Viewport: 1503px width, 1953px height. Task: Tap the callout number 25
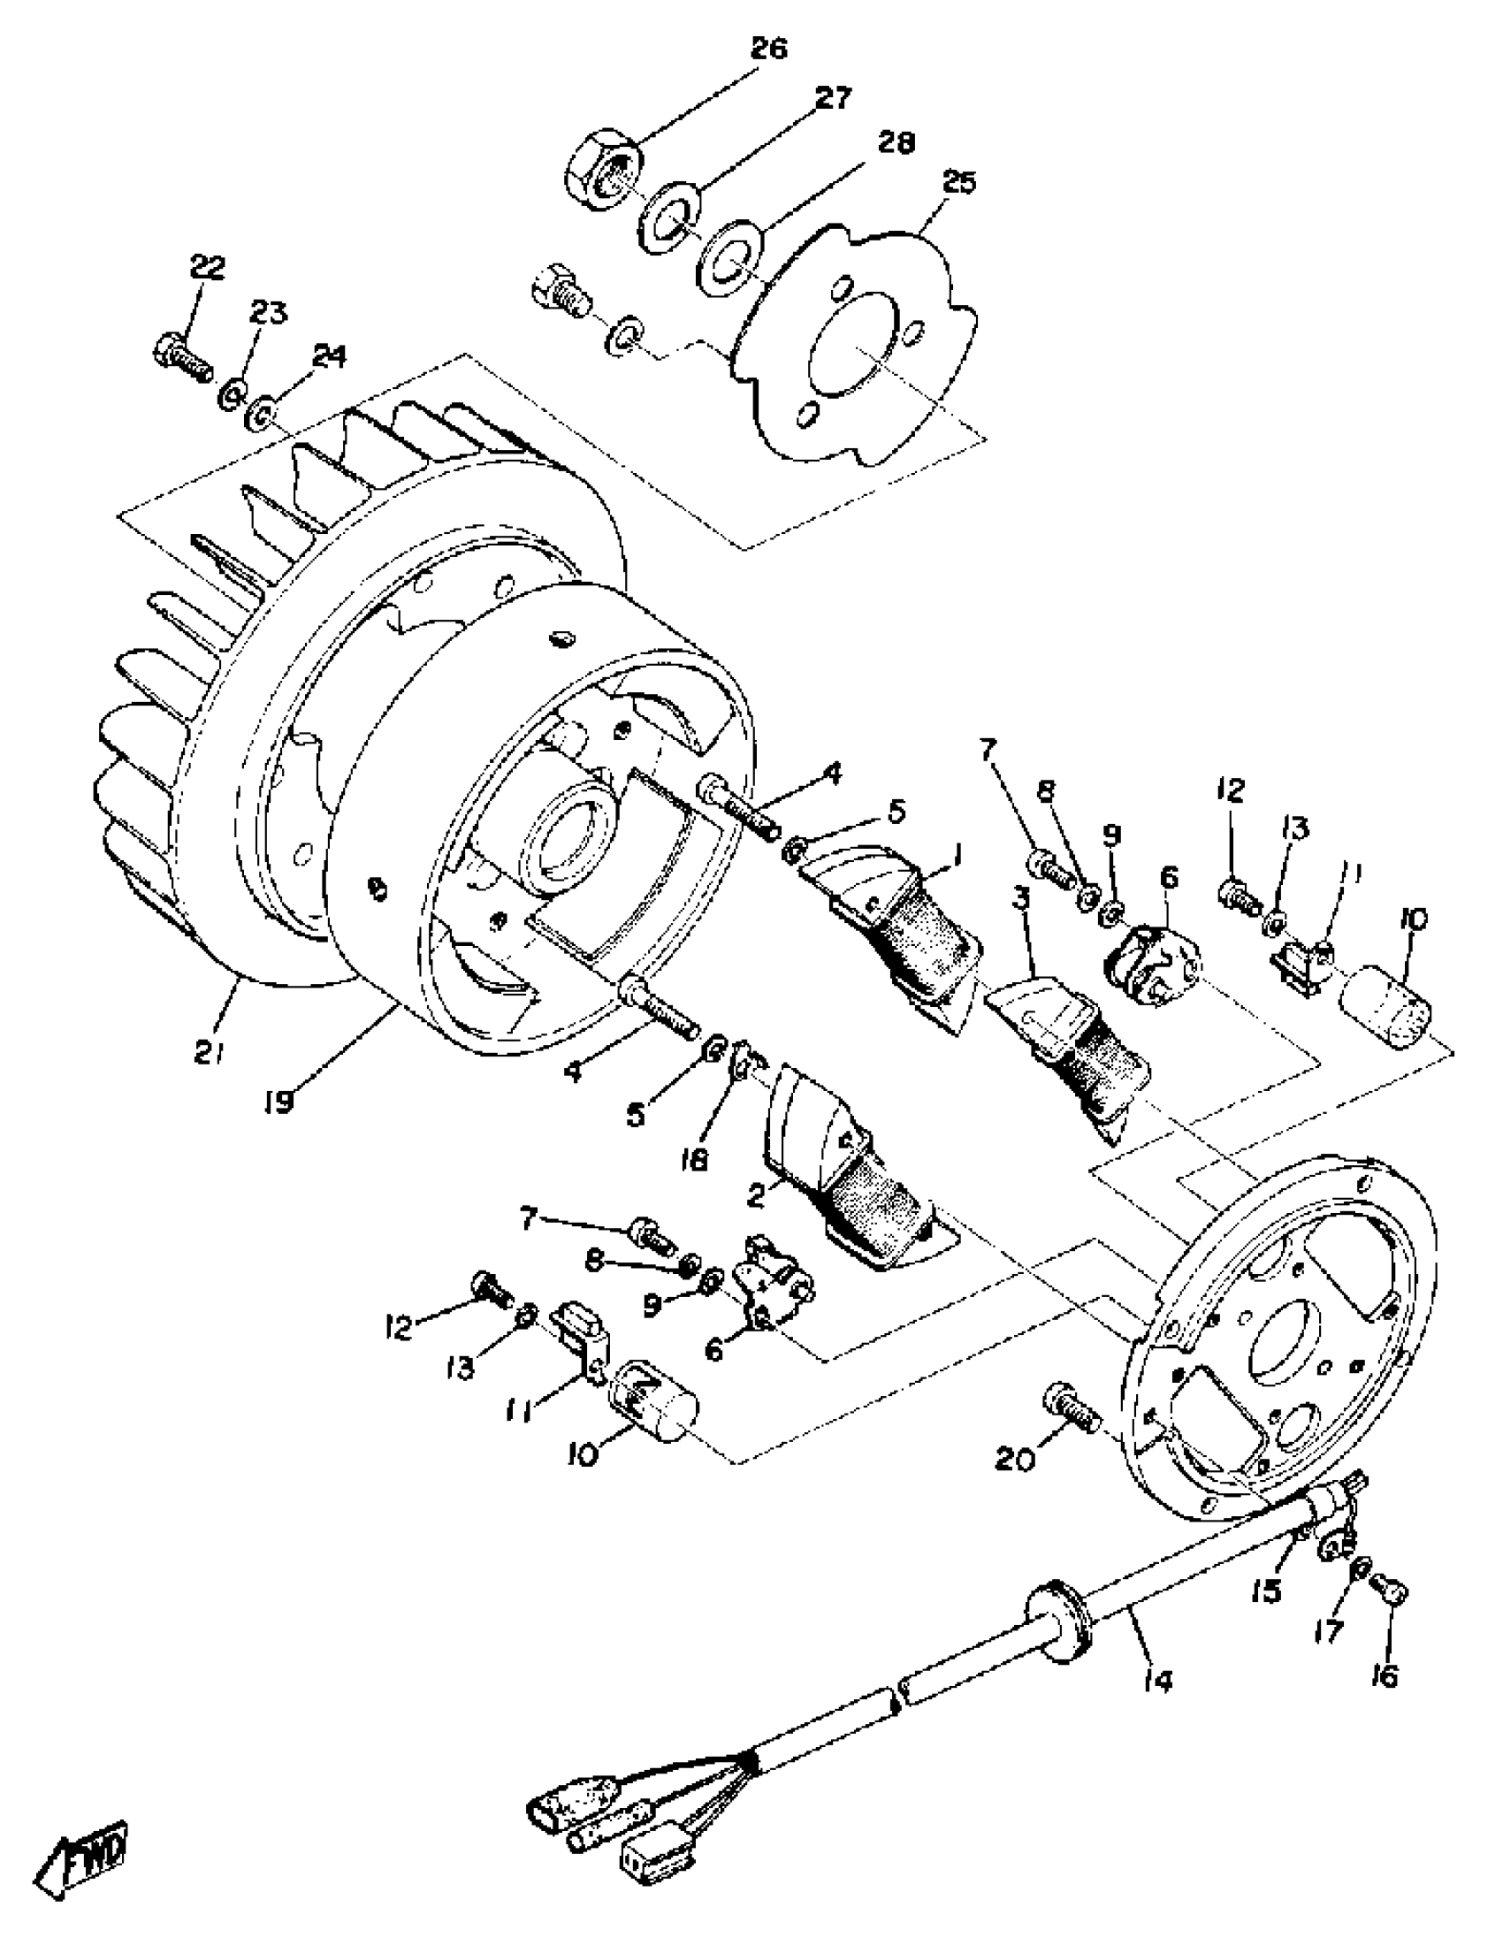tap(960, 182)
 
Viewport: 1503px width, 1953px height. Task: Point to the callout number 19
tap(280, 1102)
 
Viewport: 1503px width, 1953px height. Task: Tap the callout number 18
tap(693, 1162)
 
